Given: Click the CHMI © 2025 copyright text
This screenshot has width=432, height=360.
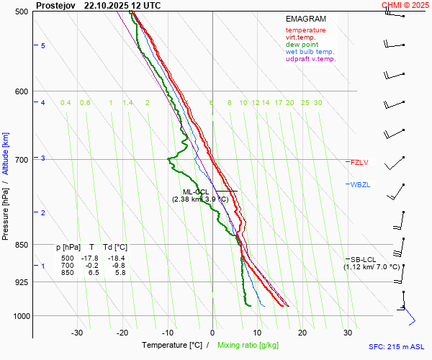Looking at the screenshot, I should point(405,5).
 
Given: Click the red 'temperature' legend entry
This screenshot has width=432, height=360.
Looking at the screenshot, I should point(305,30).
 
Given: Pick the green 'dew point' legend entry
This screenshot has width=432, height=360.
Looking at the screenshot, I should point(302,45).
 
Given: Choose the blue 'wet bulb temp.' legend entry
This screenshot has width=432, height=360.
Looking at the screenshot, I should point(310,52).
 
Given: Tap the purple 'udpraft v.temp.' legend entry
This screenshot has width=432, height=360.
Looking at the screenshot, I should point(310,59).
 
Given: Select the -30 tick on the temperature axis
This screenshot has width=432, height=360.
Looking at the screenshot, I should point(77,333).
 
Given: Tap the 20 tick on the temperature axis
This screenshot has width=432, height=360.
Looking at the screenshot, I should point(302,333).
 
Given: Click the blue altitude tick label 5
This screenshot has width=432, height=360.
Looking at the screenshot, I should point(43,46).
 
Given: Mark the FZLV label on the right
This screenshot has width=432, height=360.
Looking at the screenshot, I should point(359,162).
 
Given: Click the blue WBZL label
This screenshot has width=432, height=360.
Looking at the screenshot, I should point(360,185).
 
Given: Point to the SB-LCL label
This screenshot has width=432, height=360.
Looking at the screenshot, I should point(363,259).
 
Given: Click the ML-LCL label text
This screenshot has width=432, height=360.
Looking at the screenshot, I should point(195,192).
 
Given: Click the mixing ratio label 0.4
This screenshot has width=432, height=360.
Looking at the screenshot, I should point(66,103).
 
